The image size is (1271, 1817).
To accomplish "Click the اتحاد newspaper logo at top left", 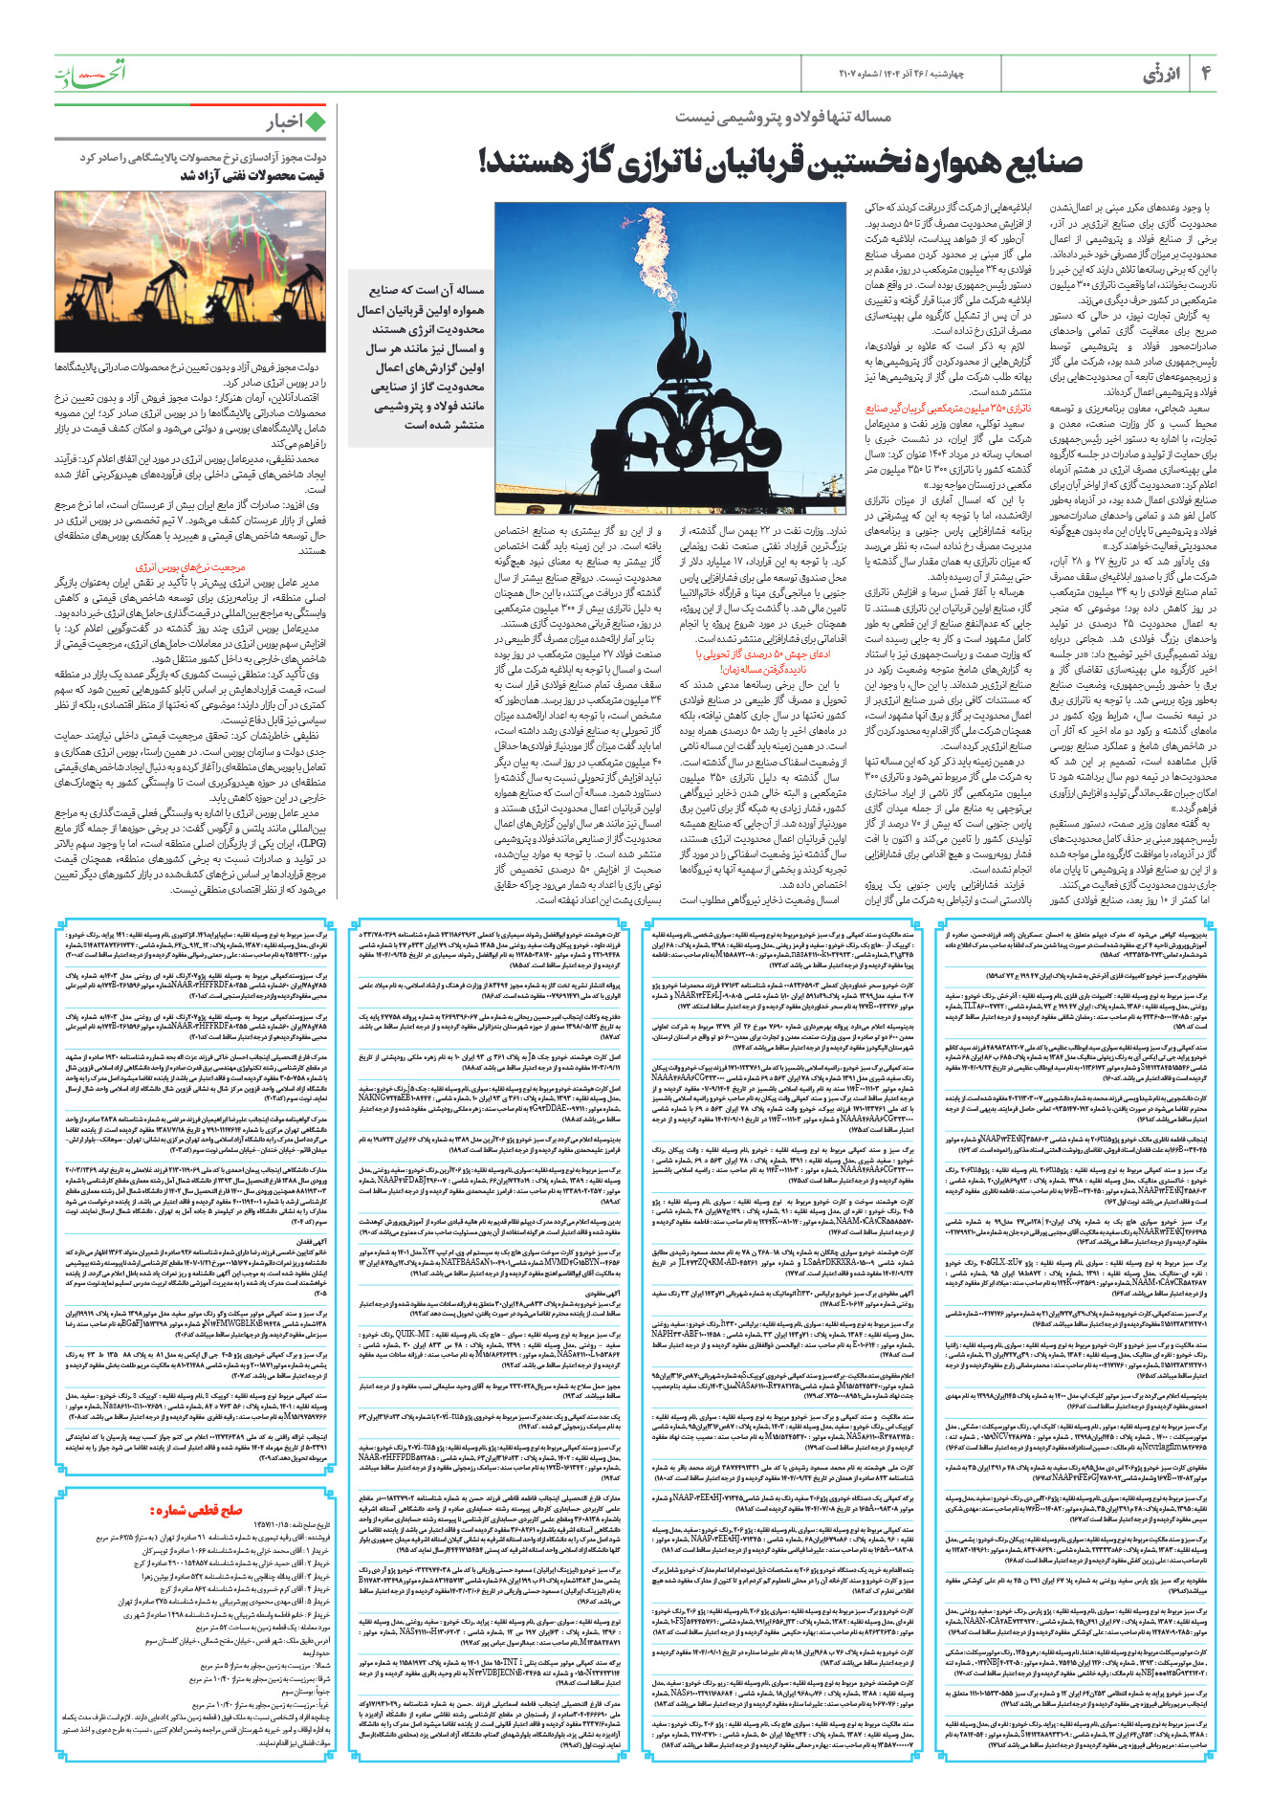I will point(90,75).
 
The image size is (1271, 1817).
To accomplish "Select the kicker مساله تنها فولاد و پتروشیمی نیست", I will point(783,117).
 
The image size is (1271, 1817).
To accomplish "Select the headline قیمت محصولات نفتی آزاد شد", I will point(252,175).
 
